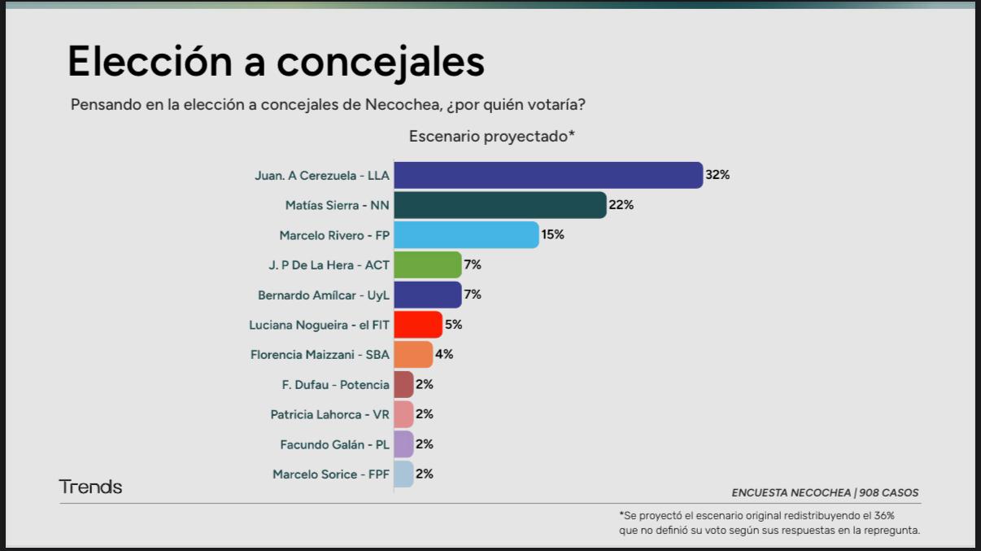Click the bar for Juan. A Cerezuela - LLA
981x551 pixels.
(x=547, y=175)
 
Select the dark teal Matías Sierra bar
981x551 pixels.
(x=499, y=205)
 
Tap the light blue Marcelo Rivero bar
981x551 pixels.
(x=465, y=235)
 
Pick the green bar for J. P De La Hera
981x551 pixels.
(x=427, y=265)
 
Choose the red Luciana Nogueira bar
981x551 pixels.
(x=417, y=325)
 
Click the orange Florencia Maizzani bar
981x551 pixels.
(x=412, y=354)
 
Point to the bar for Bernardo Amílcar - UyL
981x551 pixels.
(x=427, y=295)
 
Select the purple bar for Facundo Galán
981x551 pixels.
(x=403, y=444)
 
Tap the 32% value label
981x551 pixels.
(x=717, y=175)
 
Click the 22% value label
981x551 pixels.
(x=621, y=205)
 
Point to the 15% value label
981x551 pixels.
(x=552, y=234)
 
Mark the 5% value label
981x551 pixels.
(x=453, y=325)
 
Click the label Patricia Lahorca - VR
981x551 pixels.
(x=329, y=414)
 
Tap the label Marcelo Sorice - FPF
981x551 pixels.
(x=331, y=474)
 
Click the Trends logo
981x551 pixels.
(x=90, y=487)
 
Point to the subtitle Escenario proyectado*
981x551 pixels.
(x=492, y=136)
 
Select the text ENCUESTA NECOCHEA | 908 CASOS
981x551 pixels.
(x=825, y=492)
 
